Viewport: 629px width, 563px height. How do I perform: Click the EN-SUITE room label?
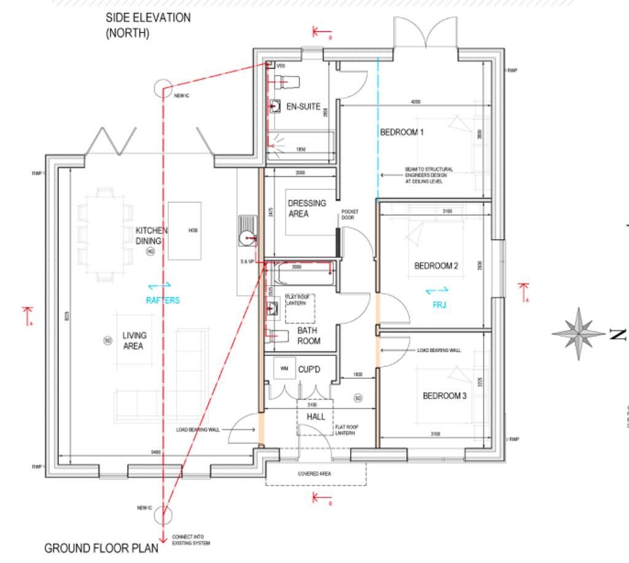click(x=303, y=106)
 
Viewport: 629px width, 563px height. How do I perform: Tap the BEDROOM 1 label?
click(x=402, y=132)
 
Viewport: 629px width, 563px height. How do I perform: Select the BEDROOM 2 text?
click(x=436, y=266)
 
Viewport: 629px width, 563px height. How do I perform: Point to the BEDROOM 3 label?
click(x=445, y=396)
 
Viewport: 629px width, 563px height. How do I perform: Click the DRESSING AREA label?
click(x=307, y=209)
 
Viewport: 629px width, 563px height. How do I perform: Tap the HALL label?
click(x=316, y=417)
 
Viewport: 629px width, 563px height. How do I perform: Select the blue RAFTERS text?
click(x=163, y=300)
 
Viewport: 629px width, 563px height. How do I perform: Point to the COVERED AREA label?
click(x=314, y=474)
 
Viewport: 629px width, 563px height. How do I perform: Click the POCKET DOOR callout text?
click(x=349, y=214)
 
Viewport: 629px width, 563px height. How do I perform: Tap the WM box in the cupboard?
click(x=284, y=368)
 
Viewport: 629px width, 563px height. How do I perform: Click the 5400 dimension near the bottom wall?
click(x=156, y=452)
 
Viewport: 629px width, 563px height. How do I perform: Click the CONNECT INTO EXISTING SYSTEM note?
click(x=191, y=539)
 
